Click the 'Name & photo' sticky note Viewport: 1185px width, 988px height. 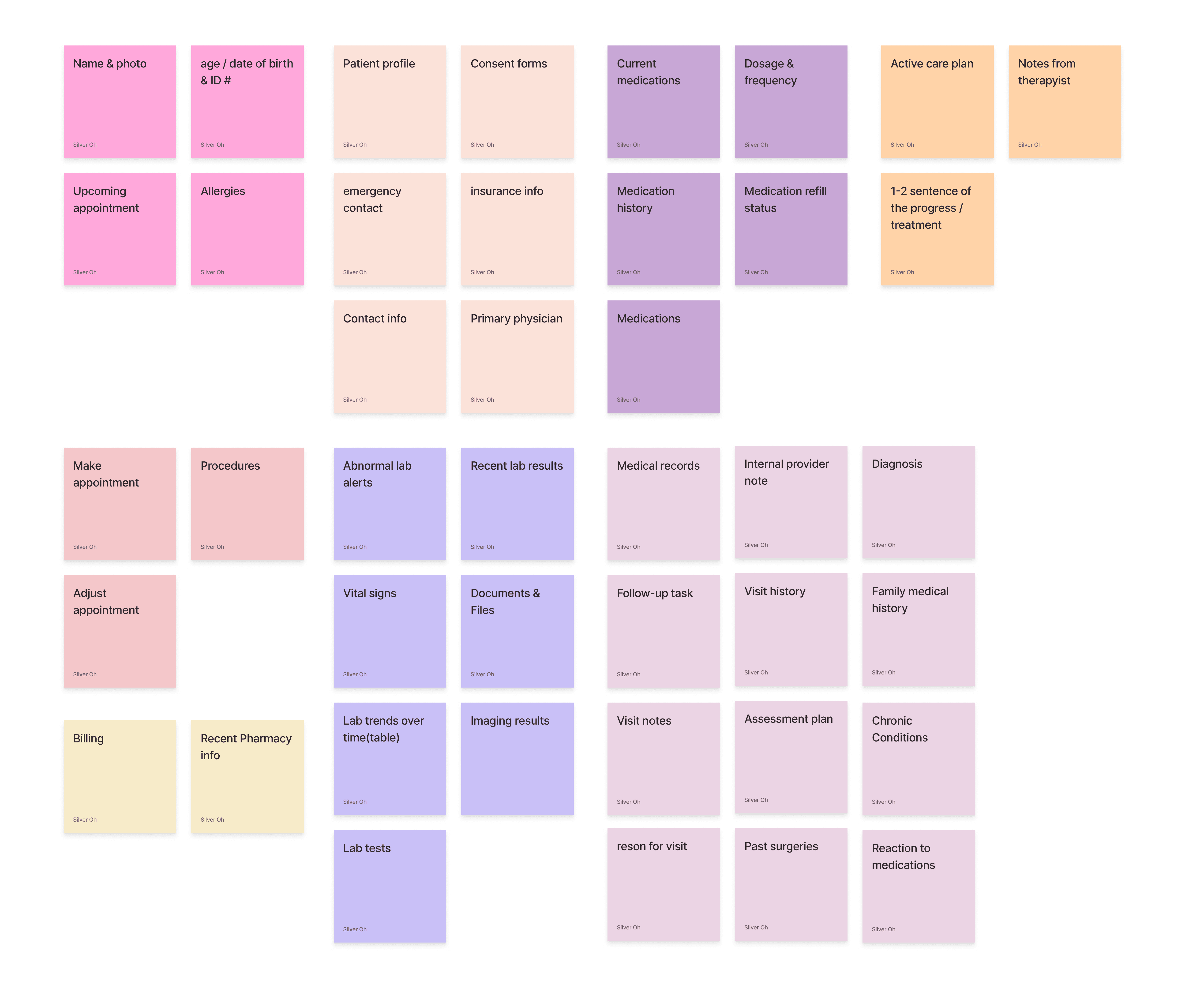click(x=120, y=101)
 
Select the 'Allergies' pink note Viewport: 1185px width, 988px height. click(x=247, y=229)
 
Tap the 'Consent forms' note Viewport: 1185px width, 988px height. click(x=517, y=101)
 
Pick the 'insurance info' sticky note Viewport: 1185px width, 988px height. click(x=517, y=229)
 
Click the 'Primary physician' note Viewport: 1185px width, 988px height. click(x=517, y=357)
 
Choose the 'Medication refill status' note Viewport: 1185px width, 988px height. click(x=791, y=229)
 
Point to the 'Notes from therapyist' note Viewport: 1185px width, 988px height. click(x=1064, y=101)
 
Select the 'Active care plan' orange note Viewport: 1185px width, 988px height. click(x=937, y=101)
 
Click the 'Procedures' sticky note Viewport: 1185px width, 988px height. click(x=247, y=504)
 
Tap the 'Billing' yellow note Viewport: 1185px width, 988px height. click(x=120, y=776)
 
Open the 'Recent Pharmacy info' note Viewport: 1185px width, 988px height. click(x=247, y=776)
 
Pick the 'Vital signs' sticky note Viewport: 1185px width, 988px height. click(x=389, y=631)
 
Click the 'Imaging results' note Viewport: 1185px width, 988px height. click(x=517, y=759)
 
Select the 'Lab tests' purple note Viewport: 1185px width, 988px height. click(x=389, y=887)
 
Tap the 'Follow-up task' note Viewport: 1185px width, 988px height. click(x=663, y=631)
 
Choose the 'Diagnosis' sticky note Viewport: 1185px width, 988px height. click(x=918, y=502)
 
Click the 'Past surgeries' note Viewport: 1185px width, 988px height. click(x=791, y=885)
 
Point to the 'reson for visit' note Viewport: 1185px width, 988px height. click(x=663, y=885)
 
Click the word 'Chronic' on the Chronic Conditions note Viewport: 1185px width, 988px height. click(x=892, y=721)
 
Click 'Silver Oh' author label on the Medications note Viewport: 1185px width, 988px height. click(x=628, y=400)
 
